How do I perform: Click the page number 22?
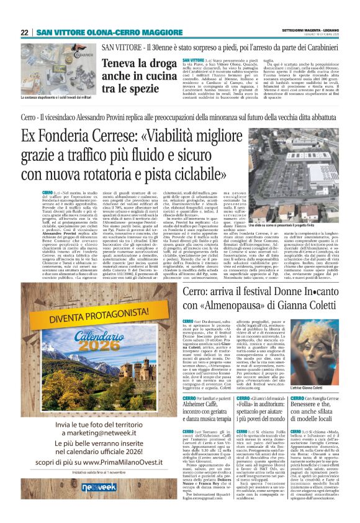tap(24, 33)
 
